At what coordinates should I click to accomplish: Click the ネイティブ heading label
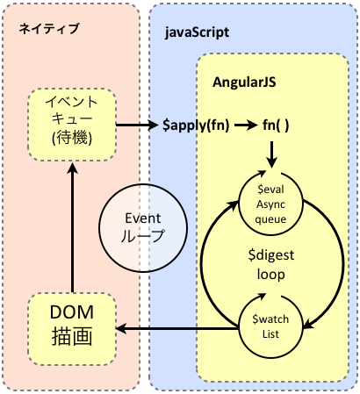(x=49, y=29)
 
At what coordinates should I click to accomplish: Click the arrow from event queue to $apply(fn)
(x=136, y=125)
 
